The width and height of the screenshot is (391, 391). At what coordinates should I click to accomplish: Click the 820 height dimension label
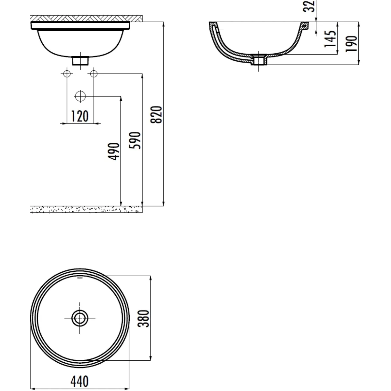[156, 114]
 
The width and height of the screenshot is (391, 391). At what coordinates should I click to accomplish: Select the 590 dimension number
[135, 140]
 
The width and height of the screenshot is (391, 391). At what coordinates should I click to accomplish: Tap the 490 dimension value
[113, 152]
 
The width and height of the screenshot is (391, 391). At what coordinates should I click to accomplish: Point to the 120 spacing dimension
[80, 116]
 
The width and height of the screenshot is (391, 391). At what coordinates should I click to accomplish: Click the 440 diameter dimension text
[80, 381]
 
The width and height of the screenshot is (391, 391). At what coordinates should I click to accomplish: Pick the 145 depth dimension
[330, 38]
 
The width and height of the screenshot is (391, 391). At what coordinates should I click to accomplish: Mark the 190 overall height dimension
[351, 43]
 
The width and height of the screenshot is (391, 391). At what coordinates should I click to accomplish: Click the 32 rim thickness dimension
[309, 6]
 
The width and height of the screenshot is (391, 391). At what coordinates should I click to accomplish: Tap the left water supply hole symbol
[67, 74]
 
